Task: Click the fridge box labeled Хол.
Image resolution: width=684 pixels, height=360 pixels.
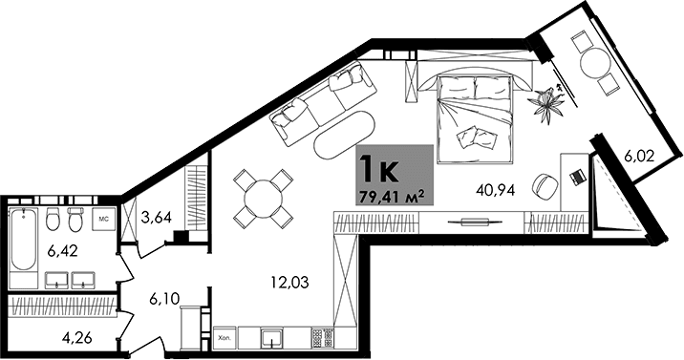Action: (x=224, y=337)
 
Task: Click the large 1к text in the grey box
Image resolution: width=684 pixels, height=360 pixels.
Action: (x=376, y=170)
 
